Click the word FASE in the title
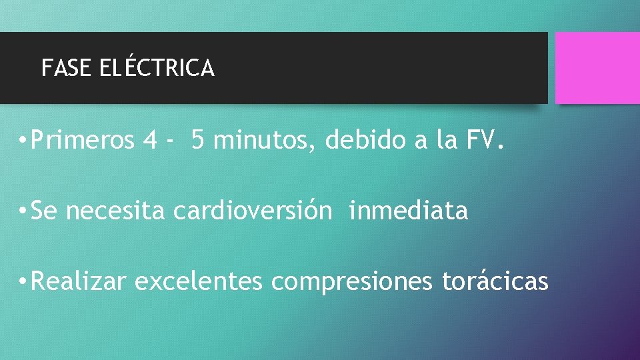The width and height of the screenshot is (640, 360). (x=67, y=68)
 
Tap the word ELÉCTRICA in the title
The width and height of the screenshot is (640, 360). (x=157, y=68)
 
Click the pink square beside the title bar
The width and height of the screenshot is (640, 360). (x=597, y=68)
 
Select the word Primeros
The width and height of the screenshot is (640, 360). (x=83, y=141)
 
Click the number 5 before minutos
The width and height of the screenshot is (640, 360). (x=197, y=141)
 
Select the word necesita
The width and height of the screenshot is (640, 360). (x=115, y=211)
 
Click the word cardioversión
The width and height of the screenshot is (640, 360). (x=252, y=211)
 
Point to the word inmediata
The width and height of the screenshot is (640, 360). (x=408, y=211)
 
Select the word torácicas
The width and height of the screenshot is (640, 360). (x=495, y=282)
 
